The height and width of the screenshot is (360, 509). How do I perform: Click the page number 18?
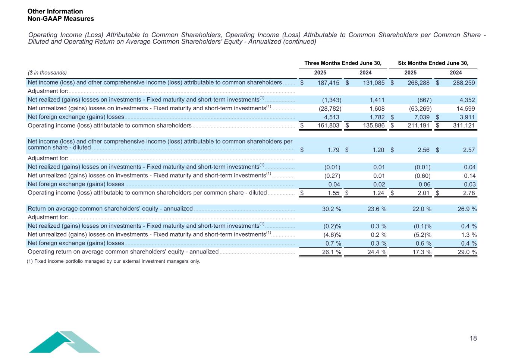473,338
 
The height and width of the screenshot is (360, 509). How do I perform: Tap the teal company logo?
64,342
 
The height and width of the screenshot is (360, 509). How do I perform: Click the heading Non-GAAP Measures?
60,19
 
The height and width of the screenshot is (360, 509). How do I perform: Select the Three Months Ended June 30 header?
343,63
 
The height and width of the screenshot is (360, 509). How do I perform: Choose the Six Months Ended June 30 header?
433,63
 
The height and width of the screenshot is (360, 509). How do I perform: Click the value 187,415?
329,83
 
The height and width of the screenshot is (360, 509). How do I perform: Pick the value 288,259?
464,83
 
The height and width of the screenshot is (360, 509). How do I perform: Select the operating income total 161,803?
329,126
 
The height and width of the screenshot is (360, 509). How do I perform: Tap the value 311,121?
464,126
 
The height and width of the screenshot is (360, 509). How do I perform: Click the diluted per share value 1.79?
333,150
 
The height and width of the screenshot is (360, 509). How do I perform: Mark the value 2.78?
469,193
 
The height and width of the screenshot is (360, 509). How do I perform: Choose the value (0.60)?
422,176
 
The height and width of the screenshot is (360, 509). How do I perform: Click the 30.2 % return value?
332,209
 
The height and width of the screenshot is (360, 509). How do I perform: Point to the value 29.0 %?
467,252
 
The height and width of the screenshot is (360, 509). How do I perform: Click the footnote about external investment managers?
113,261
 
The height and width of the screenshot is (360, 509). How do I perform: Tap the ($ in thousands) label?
47,73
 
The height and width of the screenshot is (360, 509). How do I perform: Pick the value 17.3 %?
422,252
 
